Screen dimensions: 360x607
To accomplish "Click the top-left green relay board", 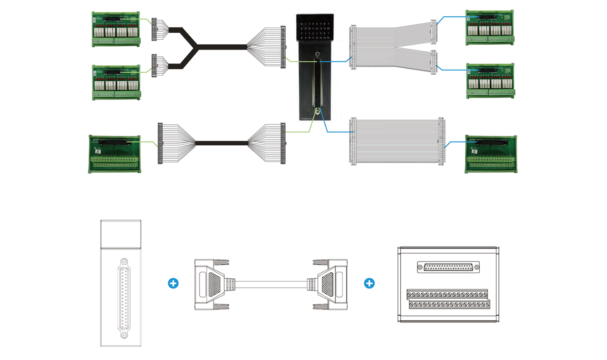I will point(116,29).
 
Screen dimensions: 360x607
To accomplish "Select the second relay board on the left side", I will point(116,82).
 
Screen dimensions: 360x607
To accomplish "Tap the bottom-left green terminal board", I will point(114,154).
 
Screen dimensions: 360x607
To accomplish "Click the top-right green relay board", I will point(489,27).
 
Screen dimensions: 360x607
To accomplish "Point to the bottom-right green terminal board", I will point(490,154).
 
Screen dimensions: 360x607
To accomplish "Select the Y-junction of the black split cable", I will point(196,46).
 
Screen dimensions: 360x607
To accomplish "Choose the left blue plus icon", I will point(173,283).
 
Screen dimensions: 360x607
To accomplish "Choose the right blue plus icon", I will point(369,283).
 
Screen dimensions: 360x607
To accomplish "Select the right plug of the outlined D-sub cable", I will point(329,283).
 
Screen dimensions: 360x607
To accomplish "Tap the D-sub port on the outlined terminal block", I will point(449,267).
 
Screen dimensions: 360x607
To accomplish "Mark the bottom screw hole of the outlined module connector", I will point(124,335).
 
